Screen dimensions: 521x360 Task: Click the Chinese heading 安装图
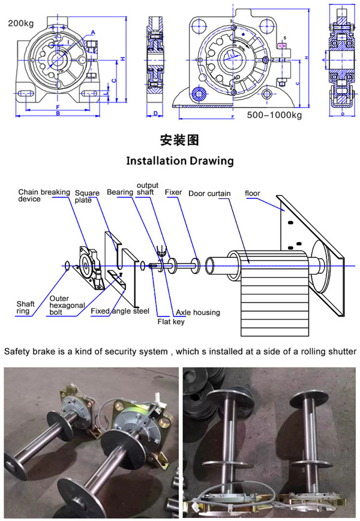pyautogui.click(x=179, y=140)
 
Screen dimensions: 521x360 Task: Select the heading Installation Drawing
pyautogui.click(x=180, y=161)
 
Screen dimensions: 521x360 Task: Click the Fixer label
pyautogui.click(x=173, y=192)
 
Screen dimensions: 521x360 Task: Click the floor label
pyautogui.click(x=253, y=193)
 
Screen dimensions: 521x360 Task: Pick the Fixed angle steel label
pyautogui.click(x=120, y=311)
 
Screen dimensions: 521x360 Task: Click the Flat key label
pyautogui.click(x=170, y=322)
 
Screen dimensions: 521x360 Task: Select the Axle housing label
pyautogui.click(x=197, y=312)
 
